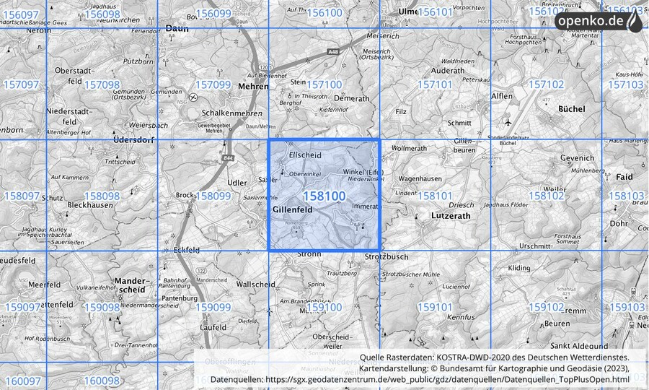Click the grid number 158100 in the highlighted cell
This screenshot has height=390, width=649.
[x=324, y=196]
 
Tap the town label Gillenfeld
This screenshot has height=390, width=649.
[x=293, y=209]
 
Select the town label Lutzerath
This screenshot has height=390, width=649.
[x=452, y=215]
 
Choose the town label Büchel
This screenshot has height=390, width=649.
[x=572, y=108]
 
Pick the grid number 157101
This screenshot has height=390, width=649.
[x=435, y=85]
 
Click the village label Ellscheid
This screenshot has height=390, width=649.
[x=305, y=155]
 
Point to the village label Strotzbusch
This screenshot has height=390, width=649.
[x=387, y=256]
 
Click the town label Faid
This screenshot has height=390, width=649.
[x=624, y=177]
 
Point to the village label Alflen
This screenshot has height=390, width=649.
[x=501, y=96]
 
